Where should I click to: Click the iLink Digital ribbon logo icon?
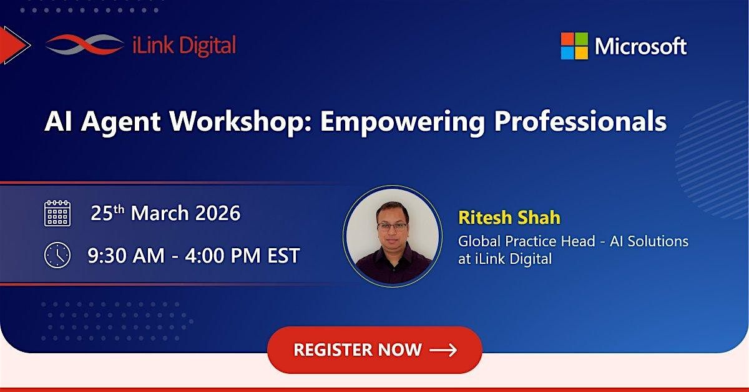tap(84, 44)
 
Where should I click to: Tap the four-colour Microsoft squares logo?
tap(574, 46)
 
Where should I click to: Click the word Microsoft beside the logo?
tap(640, 46)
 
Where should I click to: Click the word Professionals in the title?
tap(580, 121)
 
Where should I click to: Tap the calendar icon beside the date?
tap(57, 213)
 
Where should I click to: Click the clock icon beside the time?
tap(57, 255)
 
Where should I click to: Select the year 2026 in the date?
tap(218, 213)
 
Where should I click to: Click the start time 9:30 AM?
tap(126, 256)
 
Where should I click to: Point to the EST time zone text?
tap(283, 256)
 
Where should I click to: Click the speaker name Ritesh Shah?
tap(509, 218)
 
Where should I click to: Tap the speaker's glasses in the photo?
tap(392, 226)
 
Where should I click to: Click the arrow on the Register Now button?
tap(443, 350)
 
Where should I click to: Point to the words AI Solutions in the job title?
tap(649, 241)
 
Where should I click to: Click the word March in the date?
tap(160, 213)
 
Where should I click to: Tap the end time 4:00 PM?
tap(222, 256)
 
